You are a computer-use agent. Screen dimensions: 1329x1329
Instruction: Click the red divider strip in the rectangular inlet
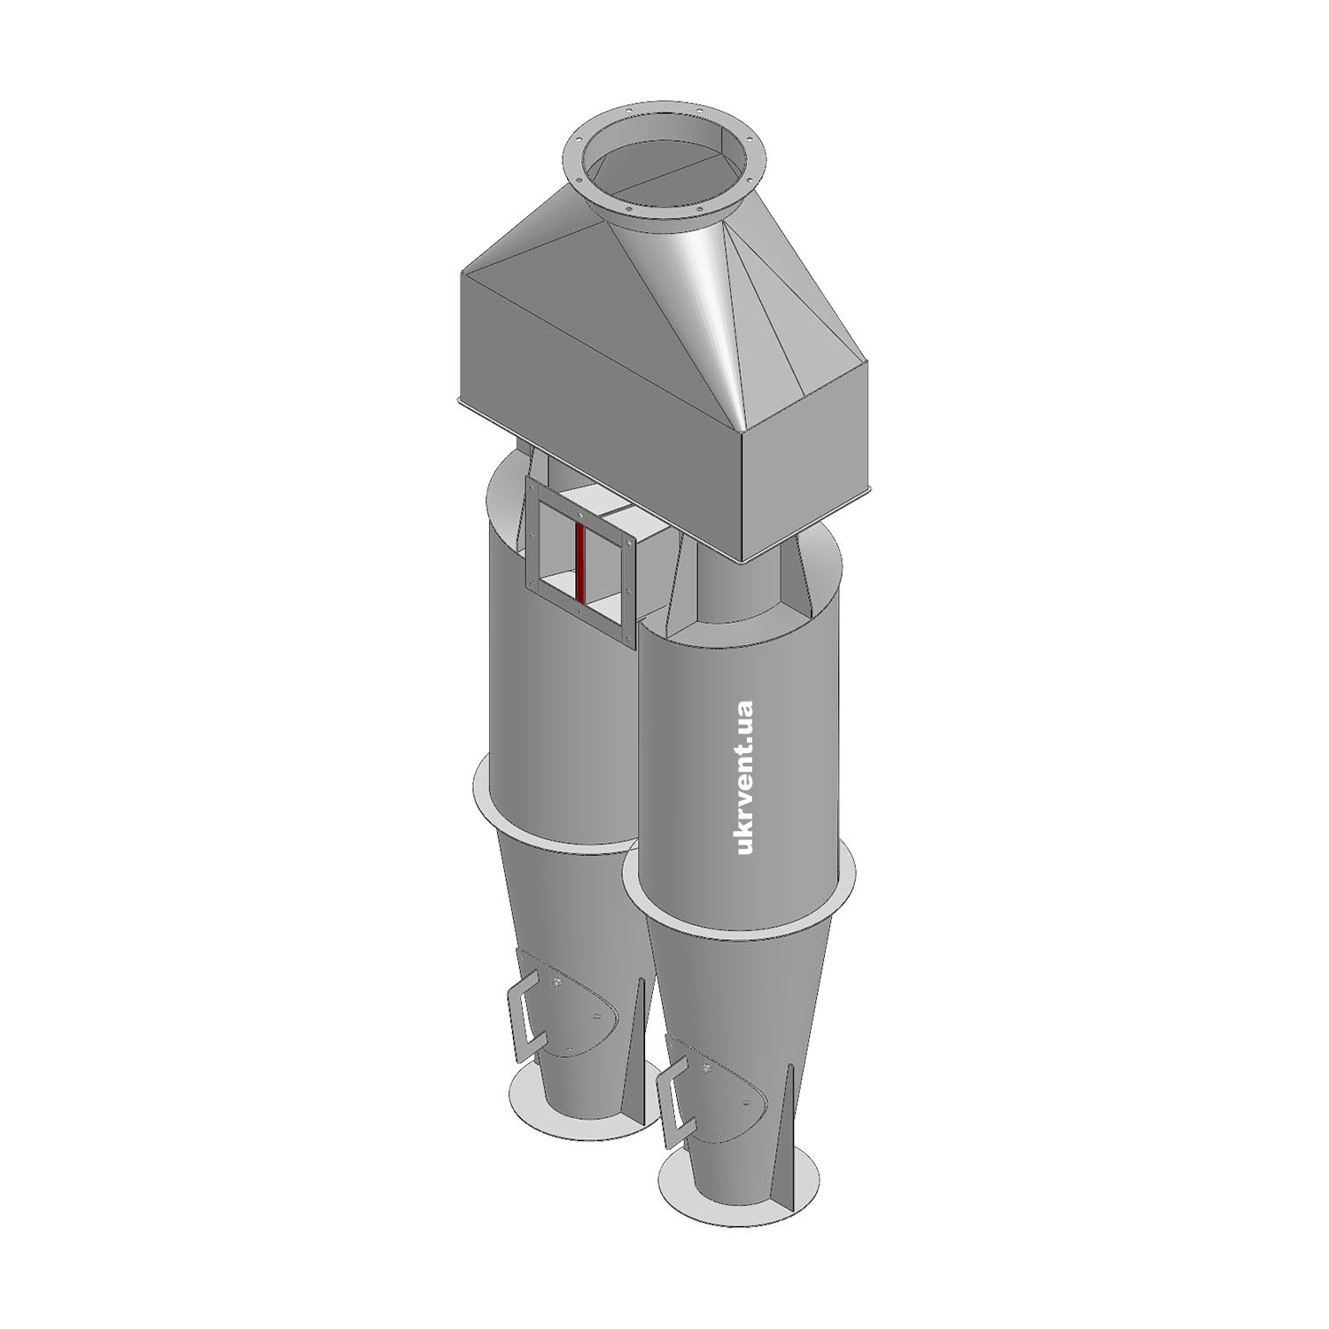[x=579, y=563]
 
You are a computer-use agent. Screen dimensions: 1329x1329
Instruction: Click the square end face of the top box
[x=806, y=478]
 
